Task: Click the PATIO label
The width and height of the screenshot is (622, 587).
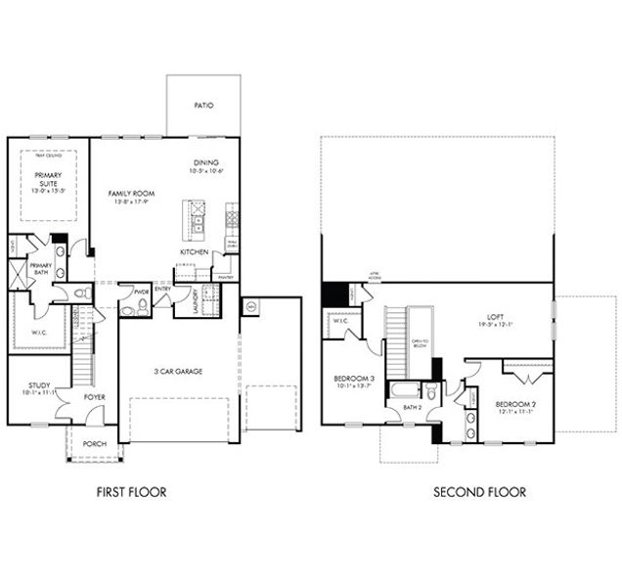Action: tap(203, 105)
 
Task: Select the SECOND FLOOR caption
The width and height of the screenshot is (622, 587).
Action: tap(479, 492)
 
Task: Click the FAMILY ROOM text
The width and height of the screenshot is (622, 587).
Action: tap(131, 195)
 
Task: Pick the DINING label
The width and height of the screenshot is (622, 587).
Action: tap(205, 162)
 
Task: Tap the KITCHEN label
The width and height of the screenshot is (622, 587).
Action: tap(194, 251)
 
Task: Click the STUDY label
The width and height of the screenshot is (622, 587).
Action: tap(40, 385)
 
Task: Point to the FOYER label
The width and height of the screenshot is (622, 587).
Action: tap(94, 397)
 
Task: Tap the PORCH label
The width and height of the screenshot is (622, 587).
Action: tap(94, 443)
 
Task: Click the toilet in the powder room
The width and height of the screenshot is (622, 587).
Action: tap(142, 307)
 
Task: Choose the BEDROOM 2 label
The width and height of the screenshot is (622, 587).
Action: tap(513, 404)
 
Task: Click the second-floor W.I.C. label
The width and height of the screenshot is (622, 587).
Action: tap(340, 320)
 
